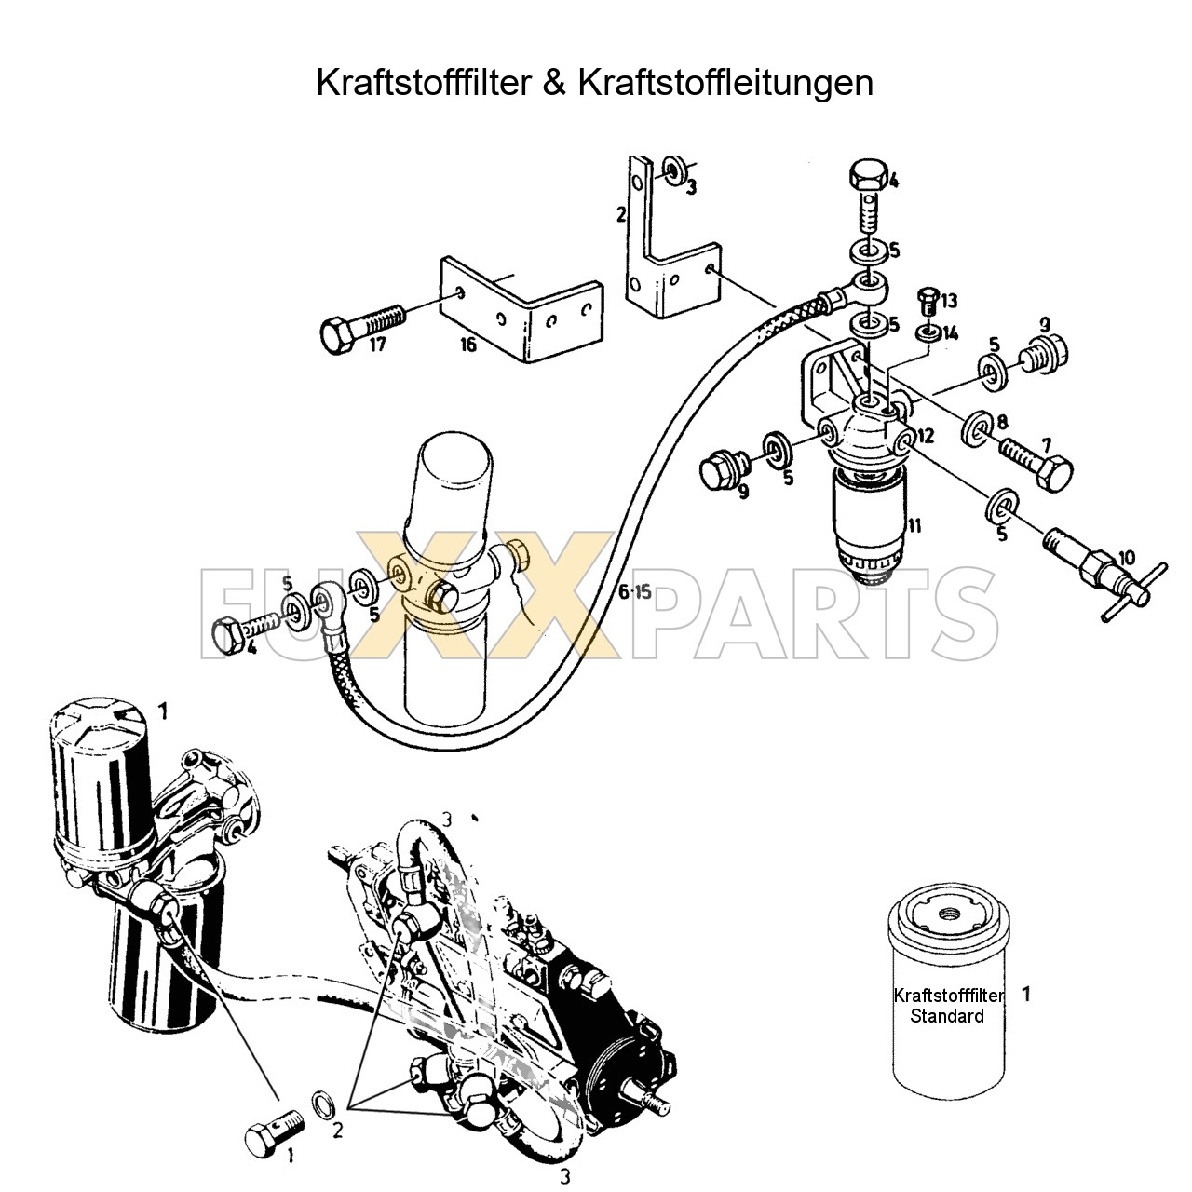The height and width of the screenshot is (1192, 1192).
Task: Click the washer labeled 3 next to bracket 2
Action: (673, 170)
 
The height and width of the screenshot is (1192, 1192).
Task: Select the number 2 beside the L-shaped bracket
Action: (620, 215)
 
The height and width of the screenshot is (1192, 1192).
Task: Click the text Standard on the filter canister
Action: (946, 1016)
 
